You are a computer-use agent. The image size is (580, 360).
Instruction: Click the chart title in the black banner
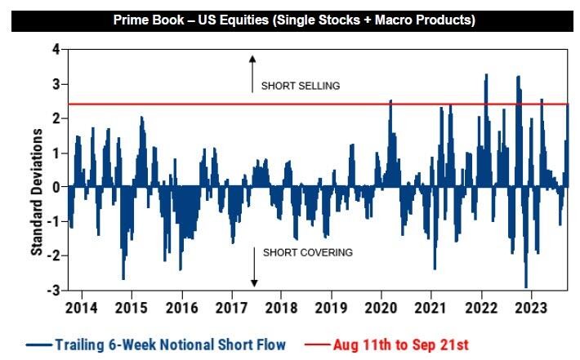pos(291,19)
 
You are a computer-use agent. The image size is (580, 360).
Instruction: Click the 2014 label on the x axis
pos(81,308)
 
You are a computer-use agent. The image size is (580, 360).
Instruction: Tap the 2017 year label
pos(231,308)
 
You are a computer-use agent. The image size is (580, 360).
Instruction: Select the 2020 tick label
pos(382,308)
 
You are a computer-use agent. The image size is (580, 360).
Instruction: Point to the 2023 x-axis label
pos(532,308)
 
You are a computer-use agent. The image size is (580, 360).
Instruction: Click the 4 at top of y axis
pos(56,50)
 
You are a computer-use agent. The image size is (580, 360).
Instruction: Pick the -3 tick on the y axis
pos(54,291)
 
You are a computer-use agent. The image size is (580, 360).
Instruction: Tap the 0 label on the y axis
pos(56,187)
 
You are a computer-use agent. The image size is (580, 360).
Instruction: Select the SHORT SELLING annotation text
pos(301,86)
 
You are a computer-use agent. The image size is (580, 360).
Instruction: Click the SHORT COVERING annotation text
pos(308,252)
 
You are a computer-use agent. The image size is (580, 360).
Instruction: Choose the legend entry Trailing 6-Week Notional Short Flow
pos(156,344)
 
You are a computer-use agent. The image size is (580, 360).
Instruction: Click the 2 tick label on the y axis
pos(56,118)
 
